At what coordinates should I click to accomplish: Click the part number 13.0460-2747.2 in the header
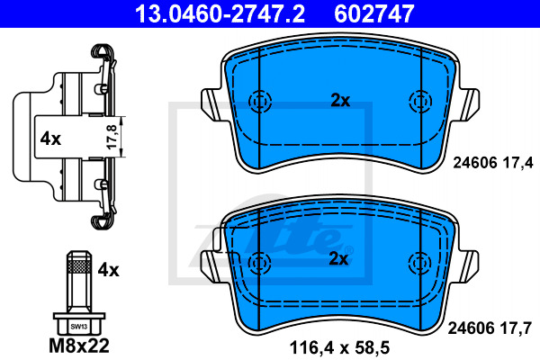220,13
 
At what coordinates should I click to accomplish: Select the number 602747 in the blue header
373,13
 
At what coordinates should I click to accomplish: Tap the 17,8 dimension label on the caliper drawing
112,137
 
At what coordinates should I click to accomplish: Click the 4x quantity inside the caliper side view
50,139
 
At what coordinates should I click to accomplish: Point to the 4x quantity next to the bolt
109,270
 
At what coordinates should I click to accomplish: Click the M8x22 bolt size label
79,346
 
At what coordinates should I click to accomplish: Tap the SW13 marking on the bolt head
79,327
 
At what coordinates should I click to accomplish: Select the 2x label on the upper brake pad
340,101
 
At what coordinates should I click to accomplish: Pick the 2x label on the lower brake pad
339,259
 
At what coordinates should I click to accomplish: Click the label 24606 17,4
493,163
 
